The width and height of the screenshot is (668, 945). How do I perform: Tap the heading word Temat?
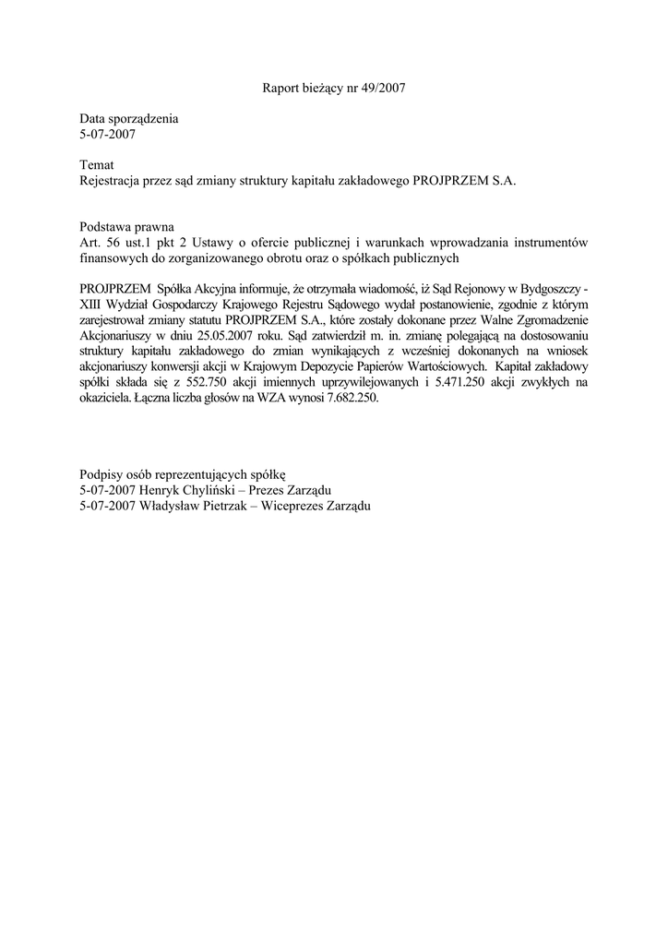[97, 164]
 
